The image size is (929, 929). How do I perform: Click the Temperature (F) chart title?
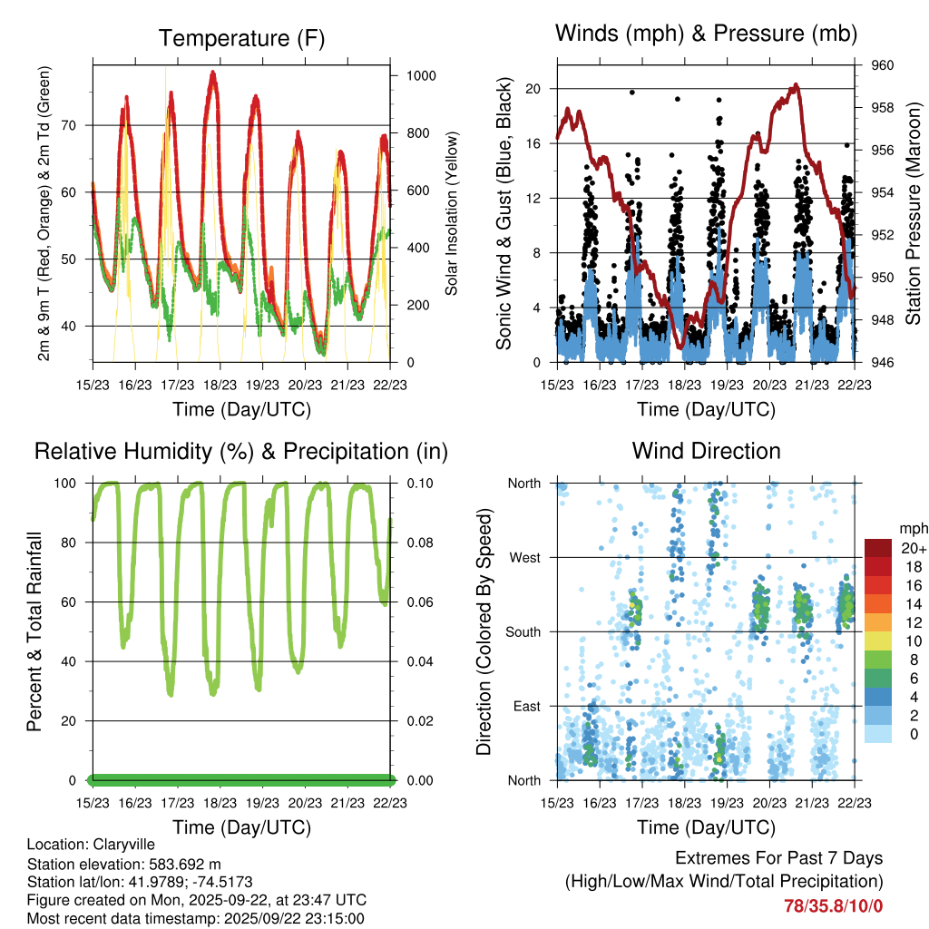(x=241, y=38)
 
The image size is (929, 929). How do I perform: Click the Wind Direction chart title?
(x=706, y=450)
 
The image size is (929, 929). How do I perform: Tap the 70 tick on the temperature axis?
(x=78, y=125)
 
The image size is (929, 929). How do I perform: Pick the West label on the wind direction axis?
(x=524, y=557)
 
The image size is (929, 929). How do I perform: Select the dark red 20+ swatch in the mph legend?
(x=877, y=548)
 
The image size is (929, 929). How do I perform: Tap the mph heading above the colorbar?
(x=912, y=528)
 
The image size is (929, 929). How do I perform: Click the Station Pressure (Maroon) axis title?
(x=914, y=213)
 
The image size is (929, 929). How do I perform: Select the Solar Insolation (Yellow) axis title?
(x=452, y=213)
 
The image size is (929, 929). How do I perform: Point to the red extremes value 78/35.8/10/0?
(x=834, y=905)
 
